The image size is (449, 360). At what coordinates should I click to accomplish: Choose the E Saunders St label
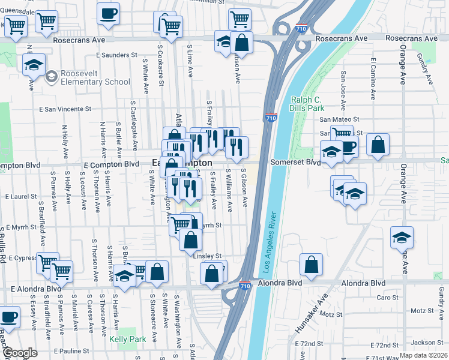(117, 55)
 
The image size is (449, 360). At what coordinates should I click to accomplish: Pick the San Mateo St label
(339, 120)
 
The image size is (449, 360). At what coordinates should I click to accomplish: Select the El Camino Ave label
(373, 76)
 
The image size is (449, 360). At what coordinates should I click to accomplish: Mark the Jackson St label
(427, 343)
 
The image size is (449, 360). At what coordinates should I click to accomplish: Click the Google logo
(20, 353)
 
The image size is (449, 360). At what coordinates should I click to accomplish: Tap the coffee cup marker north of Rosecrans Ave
(108, 13)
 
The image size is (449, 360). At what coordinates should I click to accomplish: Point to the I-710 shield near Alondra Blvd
(244, 287)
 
